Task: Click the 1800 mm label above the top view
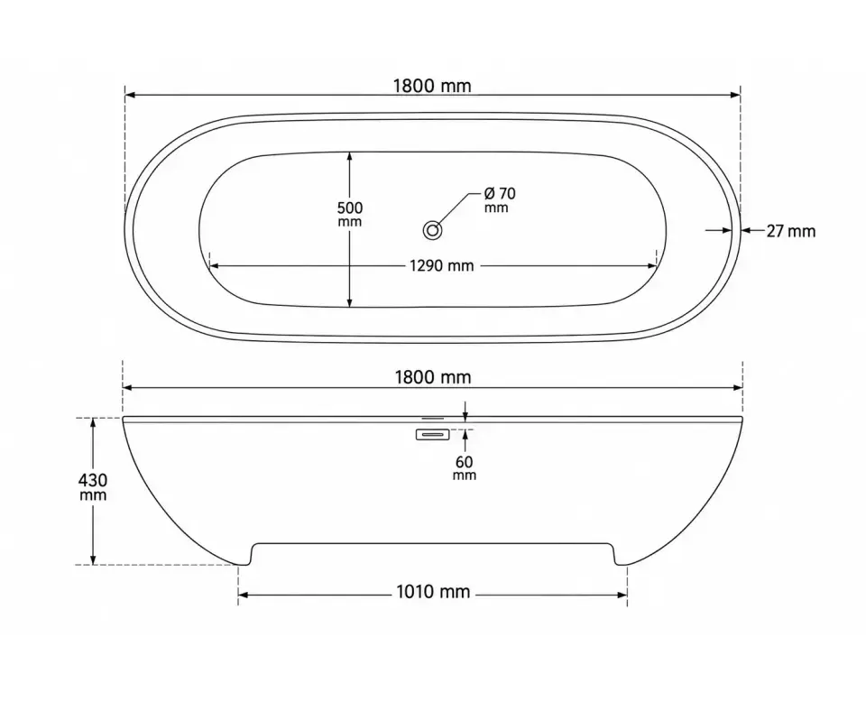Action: coord(432,86)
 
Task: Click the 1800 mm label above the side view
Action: coord(433,377)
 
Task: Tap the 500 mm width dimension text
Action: coord(350,215)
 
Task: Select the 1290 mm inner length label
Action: coord(441,265)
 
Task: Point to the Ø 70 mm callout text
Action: coord(499,200)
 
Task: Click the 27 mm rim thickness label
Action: coord(791,231)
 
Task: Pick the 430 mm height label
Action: coord(93,486)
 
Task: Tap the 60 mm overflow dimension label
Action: coord(465,467)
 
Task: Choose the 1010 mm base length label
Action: coord(433,592)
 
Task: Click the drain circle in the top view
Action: coord(432,230)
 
